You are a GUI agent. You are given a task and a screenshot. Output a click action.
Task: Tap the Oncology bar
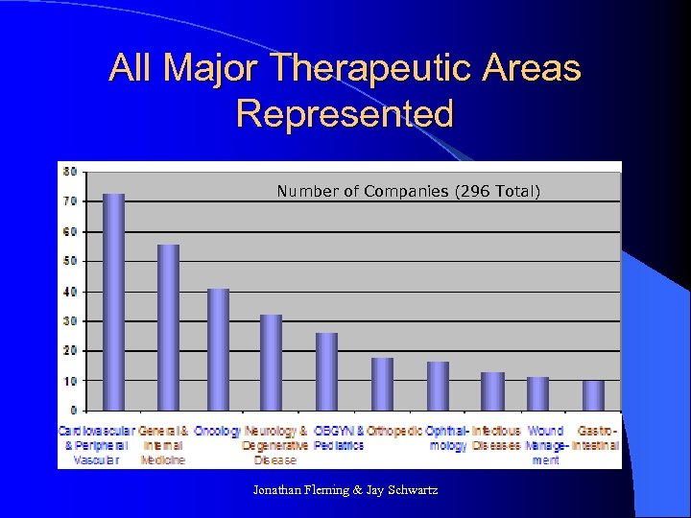(x=219, y=349)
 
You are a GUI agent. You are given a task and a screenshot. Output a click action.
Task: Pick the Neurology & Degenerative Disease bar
(x=272, y=363)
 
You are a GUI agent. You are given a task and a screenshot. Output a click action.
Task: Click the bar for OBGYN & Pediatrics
(x=327, y=371)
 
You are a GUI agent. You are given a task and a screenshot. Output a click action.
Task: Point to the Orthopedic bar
(x=382, y=384)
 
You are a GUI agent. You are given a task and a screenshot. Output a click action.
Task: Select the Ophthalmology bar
(x=438, y=386)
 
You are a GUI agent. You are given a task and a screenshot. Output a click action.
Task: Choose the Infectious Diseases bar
(x=492, y=391)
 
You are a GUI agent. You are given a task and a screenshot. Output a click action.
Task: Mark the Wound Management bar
(x=537, y=393)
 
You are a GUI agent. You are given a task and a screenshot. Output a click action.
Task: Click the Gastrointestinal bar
(x=593, y=395)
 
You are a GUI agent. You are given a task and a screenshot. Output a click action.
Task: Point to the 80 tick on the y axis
(x=70, y=172)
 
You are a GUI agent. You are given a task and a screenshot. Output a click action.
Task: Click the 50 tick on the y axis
(x=70, y=261)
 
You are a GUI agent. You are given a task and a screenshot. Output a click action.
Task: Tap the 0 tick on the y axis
(x=73, y=411)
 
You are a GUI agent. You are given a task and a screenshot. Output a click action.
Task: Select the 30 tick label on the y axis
(x=70, y=321)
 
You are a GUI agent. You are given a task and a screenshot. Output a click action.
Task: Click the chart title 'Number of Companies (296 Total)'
(x=409, y=192)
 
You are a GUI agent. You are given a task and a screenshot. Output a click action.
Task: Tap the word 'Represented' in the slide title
(x=345, y=113)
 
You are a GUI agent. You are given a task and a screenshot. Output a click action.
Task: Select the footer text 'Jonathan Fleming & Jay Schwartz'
(x=345, y=490)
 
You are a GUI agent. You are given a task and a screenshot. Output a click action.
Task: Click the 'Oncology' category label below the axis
(x=217, y=432)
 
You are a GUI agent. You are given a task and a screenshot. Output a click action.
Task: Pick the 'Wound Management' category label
(x=545, y=445)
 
